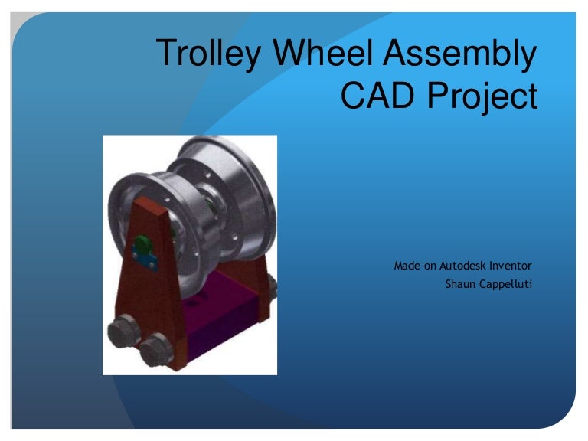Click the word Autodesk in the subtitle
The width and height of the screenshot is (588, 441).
point(472,266)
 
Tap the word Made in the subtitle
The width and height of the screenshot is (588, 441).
point(407,266)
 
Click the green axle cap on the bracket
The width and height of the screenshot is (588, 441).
point(143,247)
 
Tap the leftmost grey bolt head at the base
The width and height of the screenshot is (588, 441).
point(122,335)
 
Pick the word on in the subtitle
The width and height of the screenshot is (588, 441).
point(430,266)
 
